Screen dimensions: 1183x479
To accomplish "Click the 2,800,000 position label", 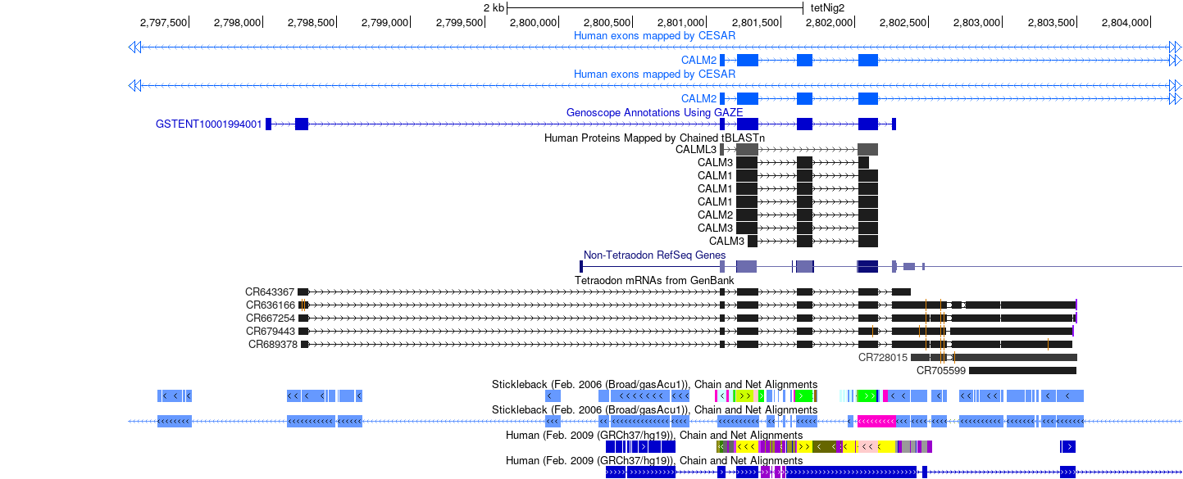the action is click(533, 23).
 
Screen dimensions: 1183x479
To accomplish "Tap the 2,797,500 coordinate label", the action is click(163, 23).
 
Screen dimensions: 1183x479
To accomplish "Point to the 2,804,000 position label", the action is click(1125, 23).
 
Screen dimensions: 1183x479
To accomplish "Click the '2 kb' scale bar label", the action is click(494, 8).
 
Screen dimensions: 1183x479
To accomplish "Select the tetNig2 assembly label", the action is click(827, 8).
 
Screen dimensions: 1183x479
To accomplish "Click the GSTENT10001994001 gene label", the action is click(208, 124).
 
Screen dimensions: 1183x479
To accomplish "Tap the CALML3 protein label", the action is click(696, 149).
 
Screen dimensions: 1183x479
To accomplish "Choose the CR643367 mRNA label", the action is click(270, 291).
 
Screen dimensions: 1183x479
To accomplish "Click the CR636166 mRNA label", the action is click(271, 305).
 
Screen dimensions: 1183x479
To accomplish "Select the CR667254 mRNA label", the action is click(271, 318).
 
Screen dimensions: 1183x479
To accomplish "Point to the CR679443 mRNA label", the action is click(271, 332).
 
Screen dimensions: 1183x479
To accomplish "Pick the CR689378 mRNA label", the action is click(273, 345).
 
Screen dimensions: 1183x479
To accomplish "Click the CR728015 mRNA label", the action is click(882, 358).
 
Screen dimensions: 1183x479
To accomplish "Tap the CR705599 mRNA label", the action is click(940, 371).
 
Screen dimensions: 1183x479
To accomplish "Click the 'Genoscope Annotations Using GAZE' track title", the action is click(654, 112).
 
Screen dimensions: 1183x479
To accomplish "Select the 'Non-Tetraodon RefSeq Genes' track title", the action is click(654, 255).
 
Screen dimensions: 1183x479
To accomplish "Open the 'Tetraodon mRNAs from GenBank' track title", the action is click(654, 281).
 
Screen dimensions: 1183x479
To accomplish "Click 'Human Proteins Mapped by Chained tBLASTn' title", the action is click(654, 138).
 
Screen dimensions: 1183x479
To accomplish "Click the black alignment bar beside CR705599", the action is click(1022, 371).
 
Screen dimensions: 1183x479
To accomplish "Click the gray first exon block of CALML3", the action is click(722, 149).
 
